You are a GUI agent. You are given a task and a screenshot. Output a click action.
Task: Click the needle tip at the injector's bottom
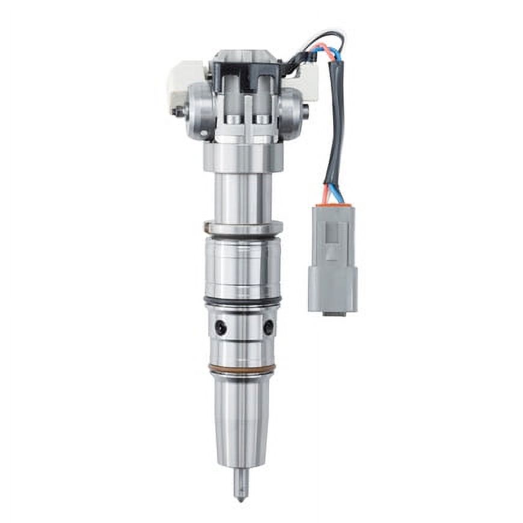pos(241,494)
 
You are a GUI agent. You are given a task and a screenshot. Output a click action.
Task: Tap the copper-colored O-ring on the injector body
pos(242,369)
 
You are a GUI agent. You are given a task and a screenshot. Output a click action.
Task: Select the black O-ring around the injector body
pos(242,299)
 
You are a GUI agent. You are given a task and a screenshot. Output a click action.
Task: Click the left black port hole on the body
pos(221,328)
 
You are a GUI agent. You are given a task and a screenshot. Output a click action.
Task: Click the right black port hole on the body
pos(268,327)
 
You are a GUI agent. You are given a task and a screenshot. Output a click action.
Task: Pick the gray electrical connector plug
pos(332,258)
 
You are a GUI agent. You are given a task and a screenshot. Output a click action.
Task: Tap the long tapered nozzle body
pos(242,421)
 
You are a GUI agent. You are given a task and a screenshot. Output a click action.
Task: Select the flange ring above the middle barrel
pos(243,228)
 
